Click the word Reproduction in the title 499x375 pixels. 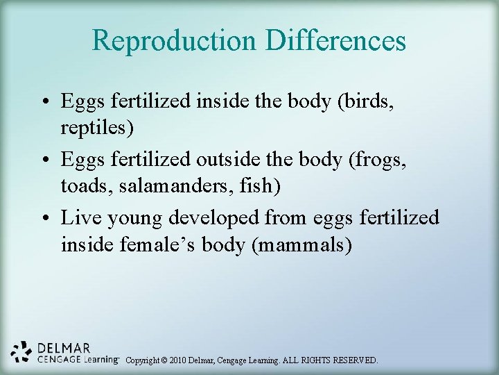[x=174, y=40]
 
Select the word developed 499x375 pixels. [x=216, y=218]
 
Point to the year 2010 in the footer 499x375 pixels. [x=182, y=360]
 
